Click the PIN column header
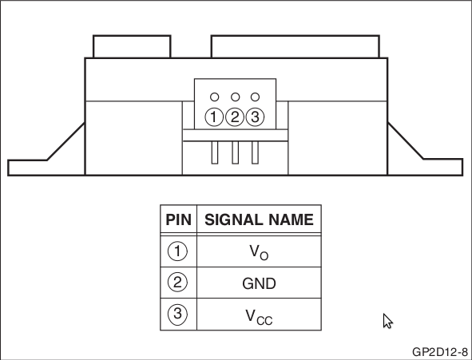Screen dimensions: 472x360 pyautogui.click(x=179, y=220)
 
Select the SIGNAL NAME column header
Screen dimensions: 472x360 pyautogui.click(x=259, y=220)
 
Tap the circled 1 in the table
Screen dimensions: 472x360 pyautogui.click(x=177, y=251)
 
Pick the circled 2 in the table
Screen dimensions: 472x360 pyautogui.click(x=177, y=283)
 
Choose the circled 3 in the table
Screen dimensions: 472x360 pyautogui.click(x=177, y=314)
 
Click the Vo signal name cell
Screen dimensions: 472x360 pyautogui.click(x=259, y=252)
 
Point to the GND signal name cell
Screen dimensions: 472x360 pyautogui.click(x=259, y=283)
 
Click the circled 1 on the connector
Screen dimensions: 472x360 pyautogui.click(x=214, y=117)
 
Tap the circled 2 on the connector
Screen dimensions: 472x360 pyautogui.click(x=235, y=117)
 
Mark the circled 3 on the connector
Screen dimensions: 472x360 pyautogui.click(x=255, y=117)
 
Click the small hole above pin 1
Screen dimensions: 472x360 pyautogui.click(x=214, y=97)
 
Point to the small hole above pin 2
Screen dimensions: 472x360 pyautogui.click(x=235, y=97)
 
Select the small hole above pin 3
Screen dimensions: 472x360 pyautogui.click(x=255, y=97)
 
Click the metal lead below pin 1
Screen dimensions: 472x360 pyautogui.click(x=215, y=152)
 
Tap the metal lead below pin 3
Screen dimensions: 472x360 pyautogui.click(x=255, y=152)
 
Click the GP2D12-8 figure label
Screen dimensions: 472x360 pyautogui.click(x=440, y=351)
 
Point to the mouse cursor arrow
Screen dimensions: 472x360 pyautogui.click(x=387, y=321)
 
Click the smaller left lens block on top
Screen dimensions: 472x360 pyautogui.click(x=132, y=46)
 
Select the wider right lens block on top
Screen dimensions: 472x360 pyautogui.click(x=295, y=46)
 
